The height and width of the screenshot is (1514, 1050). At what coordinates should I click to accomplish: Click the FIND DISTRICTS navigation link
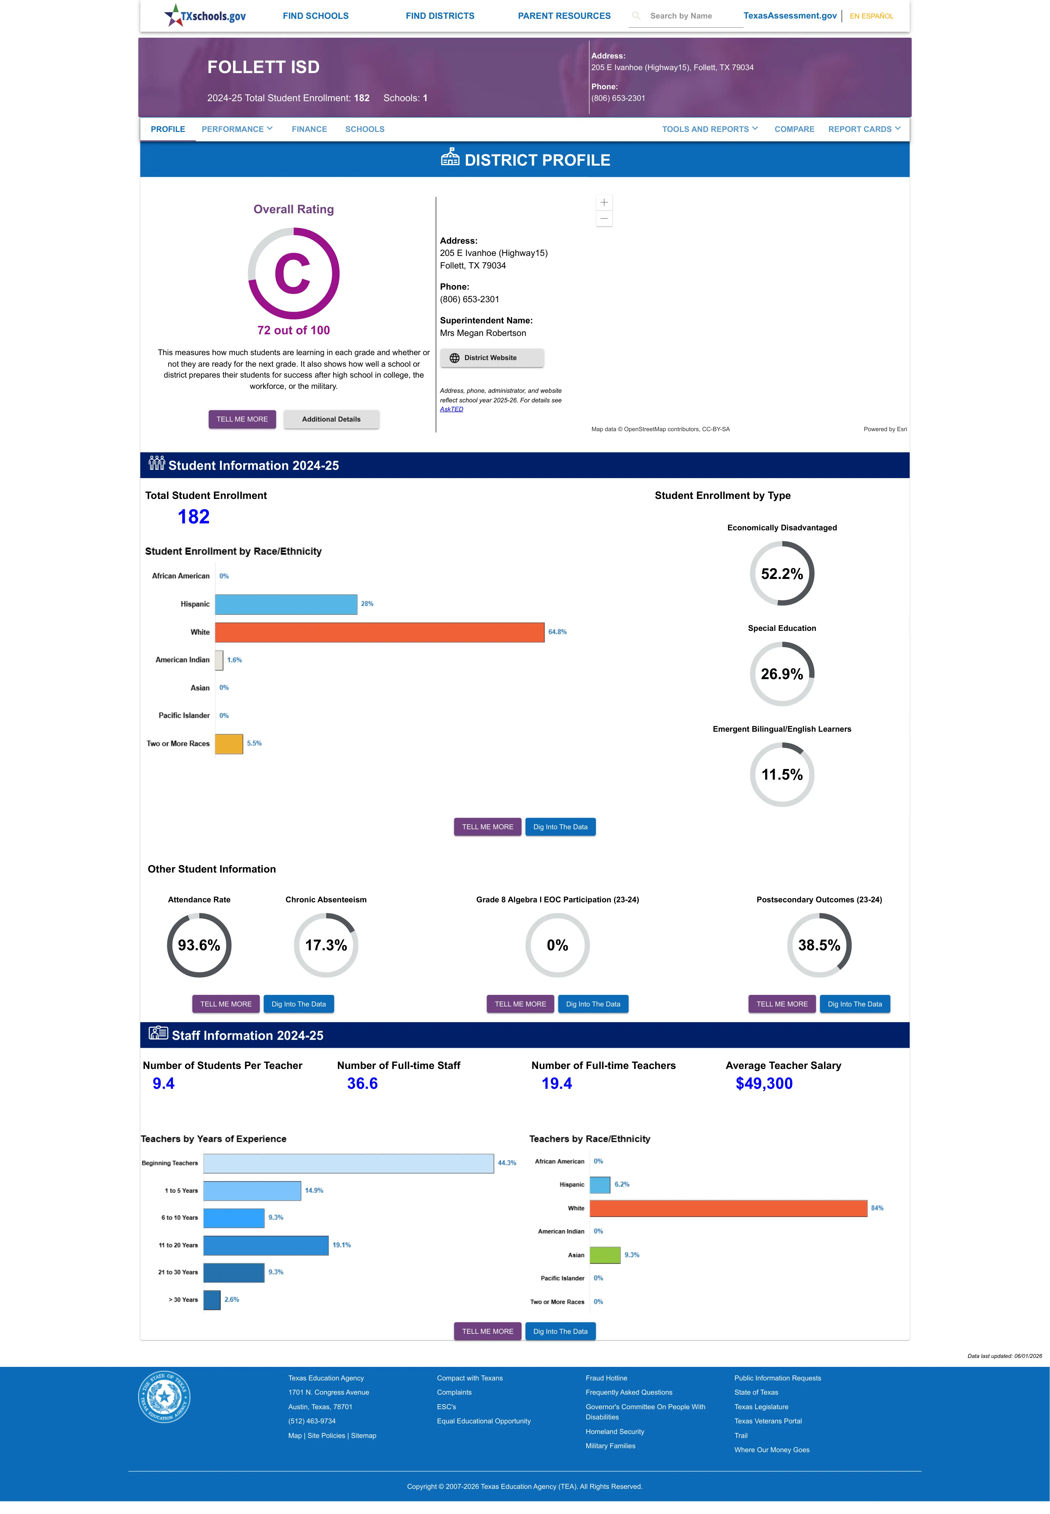tap(440, 16)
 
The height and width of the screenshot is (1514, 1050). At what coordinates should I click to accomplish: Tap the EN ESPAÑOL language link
tap(871, 16)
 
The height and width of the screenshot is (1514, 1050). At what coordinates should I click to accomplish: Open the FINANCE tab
tap(309, 129)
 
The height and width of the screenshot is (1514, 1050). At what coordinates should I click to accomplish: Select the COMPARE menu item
tap(794, 129)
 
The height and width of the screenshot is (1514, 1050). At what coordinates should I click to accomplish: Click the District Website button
tap(491, 358)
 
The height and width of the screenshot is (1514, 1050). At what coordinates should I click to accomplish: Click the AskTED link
tap(451, 409)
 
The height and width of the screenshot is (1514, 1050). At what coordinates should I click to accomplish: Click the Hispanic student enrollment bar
tap(286, 604)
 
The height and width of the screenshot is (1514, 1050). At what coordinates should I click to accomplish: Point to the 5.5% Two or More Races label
tap(254, 744)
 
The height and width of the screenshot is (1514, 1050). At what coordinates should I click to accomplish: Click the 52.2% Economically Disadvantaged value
tap(782, 574)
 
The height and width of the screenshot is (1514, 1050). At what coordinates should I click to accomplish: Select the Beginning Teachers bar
tap(349, 1163)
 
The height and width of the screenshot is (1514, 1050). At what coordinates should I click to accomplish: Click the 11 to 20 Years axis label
tap(178, 1245)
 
